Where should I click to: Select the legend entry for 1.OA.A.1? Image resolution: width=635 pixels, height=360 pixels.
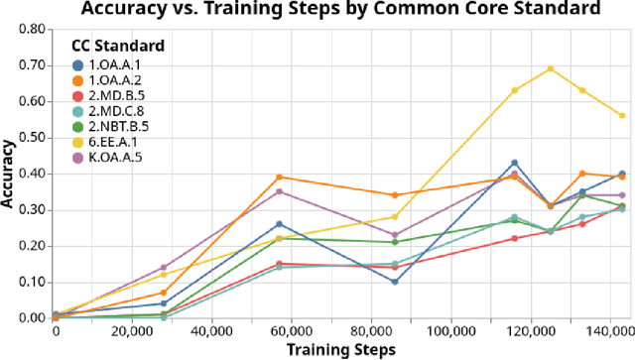point(110,65)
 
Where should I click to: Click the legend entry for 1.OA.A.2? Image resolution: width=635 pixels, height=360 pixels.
point(110,80)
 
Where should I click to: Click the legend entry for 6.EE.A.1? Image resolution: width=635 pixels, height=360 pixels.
point(110,142)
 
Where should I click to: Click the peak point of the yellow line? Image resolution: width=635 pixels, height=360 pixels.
point(551,69)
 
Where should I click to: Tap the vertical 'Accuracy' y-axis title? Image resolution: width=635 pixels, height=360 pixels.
point(9,174)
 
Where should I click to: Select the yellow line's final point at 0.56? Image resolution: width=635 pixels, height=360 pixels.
point(622,115)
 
